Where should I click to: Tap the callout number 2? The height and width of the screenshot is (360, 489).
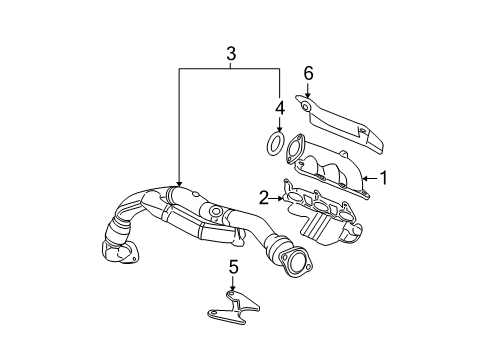264,198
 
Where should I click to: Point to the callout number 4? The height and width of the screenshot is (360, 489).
279,107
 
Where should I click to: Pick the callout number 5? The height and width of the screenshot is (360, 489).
233,267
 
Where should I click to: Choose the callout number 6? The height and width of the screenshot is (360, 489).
309,73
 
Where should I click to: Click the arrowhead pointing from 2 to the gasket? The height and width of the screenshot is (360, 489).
280,198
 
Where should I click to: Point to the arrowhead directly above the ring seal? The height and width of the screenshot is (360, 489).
279,127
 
